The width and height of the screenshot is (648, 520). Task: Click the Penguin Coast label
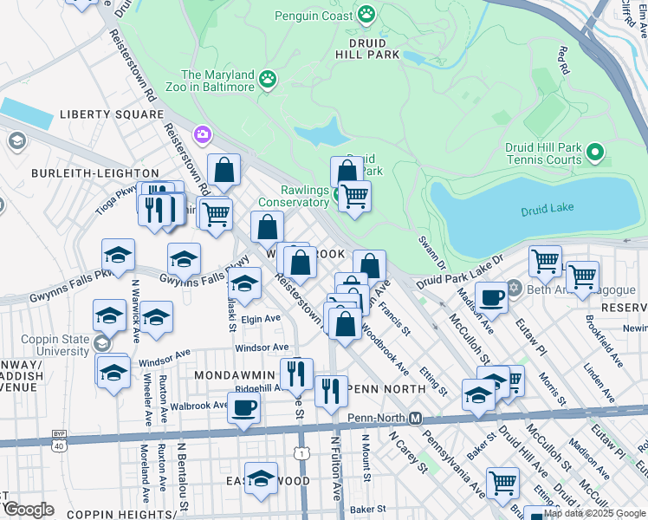[314, 16]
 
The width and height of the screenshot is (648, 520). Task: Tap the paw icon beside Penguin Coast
[366, 15]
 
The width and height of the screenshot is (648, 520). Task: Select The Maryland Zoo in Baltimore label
[217, 81]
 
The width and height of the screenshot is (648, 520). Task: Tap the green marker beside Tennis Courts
[594, 153]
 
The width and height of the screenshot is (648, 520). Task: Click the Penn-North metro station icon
[416, 418]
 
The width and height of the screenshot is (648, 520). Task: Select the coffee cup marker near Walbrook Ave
[244, 407]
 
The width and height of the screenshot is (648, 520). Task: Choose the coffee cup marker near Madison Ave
[492, 296]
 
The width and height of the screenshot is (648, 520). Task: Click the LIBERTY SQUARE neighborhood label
[111, 114]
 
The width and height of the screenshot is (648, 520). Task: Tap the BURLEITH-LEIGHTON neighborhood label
[95, 173]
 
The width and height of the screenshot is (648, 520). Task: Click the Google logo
[29, 510]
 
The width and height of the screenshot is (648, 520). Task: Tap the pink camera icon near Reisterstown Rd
[203, 133]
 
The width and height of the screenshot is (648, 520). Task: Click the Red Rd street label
[565, 60]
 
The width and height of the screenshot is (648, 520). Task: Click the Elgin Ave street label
[261, 319]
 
